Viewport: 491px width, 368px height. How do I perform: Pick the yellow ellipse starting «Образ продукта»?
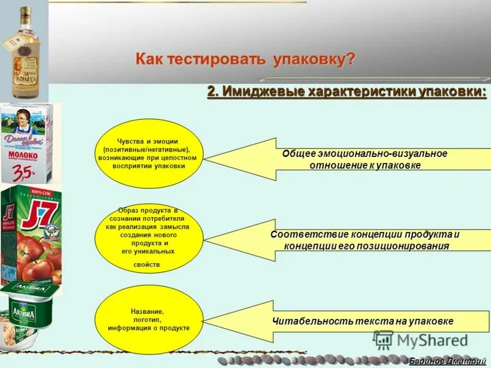pos(150,239)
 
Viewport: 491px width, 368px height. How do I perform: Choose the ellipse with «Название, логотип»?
pos(150,320)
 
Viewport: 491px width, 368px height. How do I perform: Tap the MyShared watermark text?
pos(432,340)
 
